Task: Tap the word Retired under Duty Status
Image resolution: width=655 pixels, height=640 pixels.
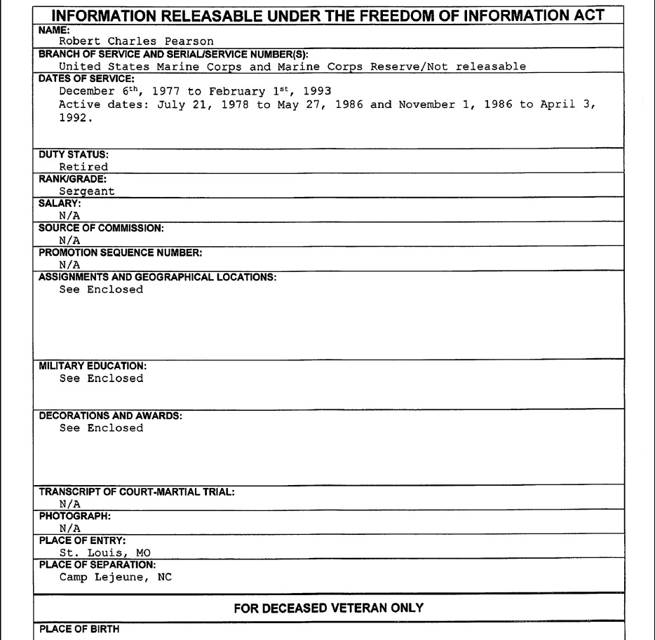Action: coord(83,167)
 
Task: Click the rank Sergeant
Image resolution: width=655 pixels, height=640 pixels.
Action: coord(87,191)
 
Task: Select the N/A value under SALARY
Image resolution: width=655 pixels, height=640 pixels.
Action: coord(69,216)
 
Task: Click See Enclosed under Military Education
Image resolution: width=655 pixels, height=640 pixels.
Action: coord(101,379)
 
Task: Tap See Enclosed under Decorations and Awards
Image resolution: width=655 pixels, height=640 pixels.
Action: coord(101,428)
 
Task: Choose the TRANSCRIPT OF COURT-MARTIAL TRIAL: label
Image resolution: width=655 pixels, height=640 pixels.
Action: coord(137,491)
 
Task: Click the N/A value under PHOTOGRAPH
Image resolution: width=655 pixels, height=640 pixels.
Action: coord(69,528)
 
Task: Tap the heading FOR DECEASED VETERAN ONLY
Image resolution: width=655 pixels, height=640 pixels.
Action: coord(328,608)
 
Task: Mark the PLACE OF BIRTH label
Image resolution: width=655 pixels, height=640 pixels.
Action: coord(79,629)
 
